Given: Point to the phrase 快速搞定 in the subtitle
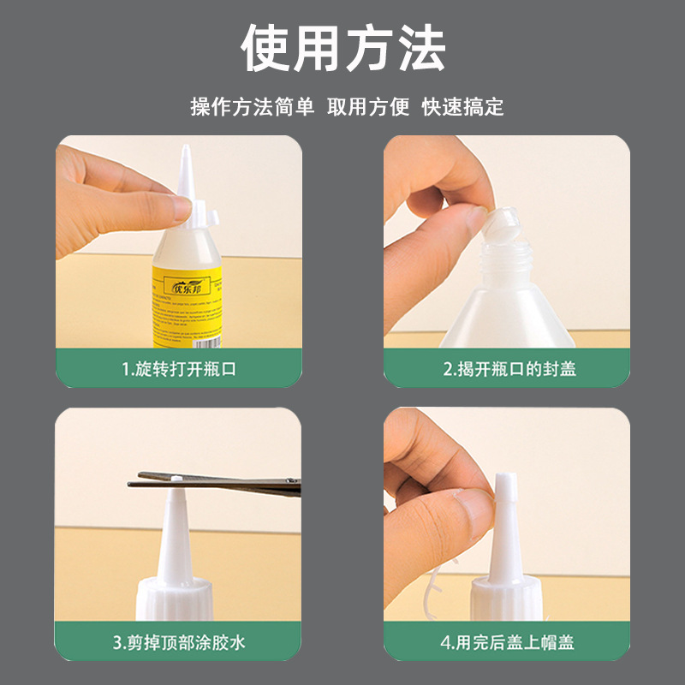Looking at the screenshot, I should coord(462,107).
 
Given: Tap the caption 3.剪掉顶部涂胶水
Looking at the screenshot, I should coord(178,641).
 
